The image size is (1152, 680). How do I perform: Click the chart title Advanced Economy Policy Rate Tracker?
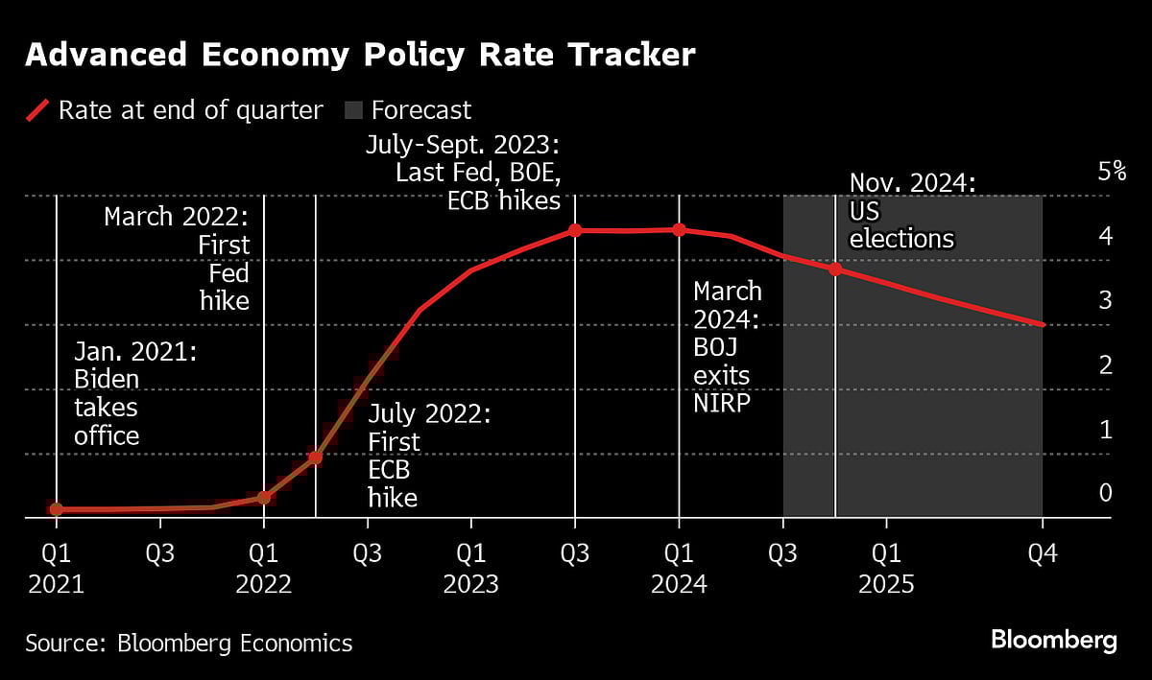359,56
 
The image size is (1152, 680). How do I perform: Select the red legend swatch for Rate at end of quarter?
36,111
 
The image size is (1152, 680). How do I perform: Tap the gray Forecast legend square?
353,111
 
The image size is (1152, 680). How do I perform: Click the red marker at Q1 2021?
57,509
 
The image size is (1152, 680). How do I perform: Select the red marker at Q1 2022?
264,498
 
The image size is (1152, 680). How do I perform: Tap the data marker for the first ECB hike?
315,457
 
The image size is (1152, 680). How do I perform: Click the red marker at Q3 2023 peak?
575,230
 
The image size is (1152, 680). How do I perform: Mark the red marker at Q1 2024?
679,229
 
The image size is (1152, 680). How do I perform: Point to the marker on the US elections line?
835,270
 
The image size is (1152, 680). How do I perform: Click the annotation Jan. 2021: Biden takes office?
135,394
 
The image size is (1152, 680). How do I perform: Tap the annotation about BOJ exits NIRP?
727,346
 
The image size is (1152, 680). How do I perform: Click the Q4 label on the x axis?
1042,554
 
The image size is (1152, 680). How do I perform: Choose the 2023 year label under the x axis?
470,584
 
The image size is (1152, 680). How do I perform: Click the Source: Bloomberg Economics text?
189,643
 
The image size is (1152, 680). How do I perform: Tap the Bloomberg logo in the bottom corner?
1053,640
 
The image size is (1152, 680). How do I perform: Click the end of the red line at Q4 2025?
1042,325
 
